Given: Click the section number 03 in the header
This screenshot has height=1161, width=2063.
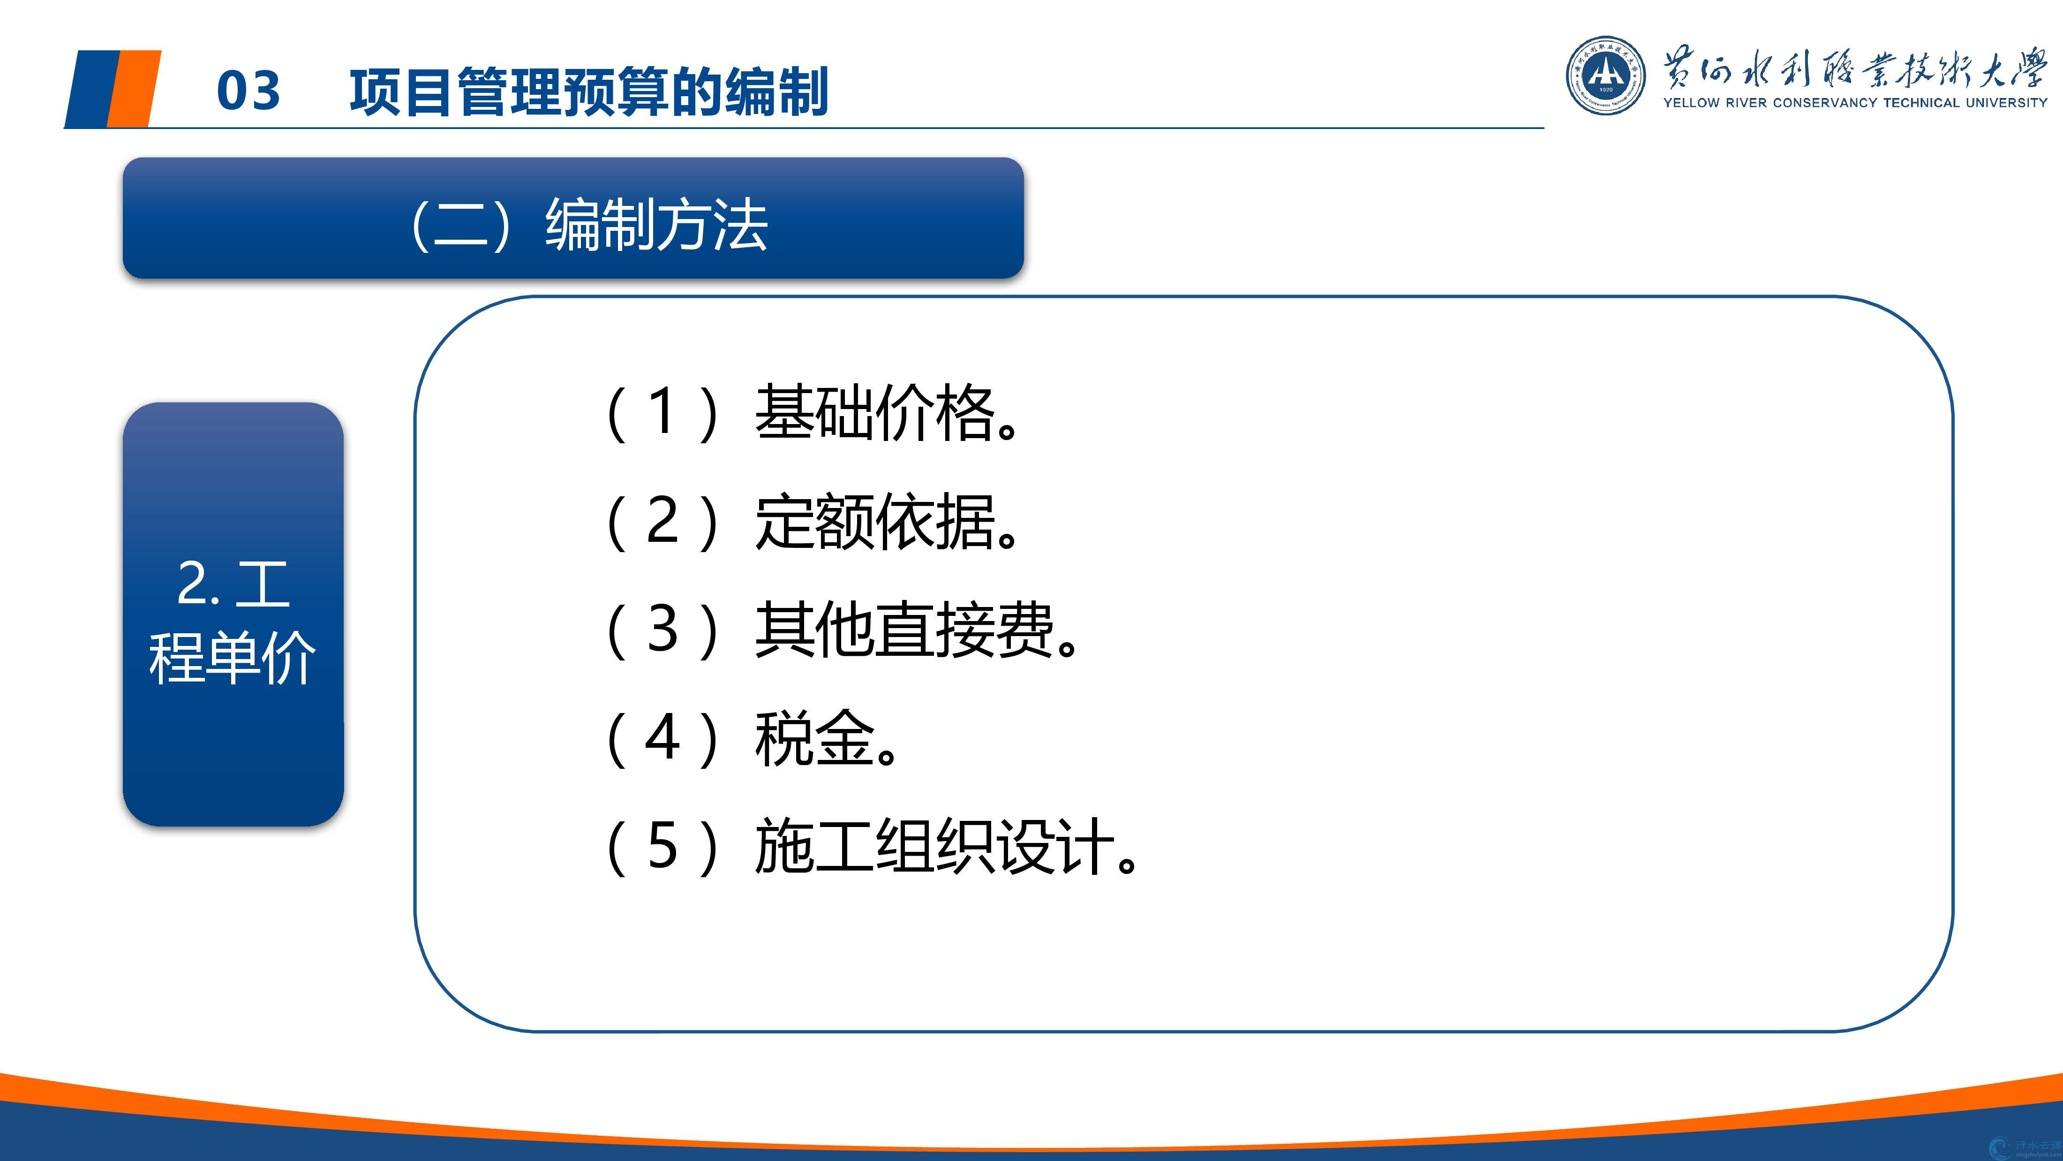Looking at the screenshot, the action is point(248,91).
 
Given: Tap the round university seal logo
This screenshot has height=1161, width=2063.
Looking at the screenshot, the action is point(1606,76).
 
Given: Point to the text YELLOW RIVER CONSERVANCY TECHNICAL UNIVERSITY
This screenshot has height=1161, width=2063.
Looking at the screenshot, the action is point(1855,103).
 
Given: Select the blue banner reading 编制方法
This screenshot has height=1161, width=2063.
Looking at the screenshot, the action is point(573,218).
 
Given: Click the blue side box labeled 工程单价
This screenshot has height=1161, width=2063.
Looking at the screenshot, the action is point(233,614).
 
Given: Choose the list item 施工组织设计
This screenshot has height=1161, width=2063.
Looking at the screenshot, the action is point(946,846).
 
